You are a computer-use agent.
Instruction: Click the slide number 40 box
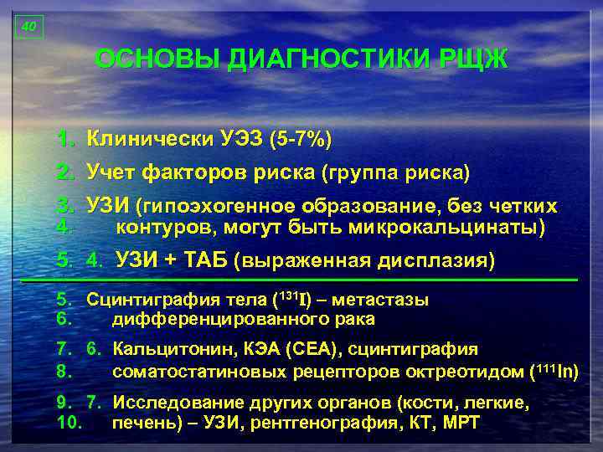pos(28,27)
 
